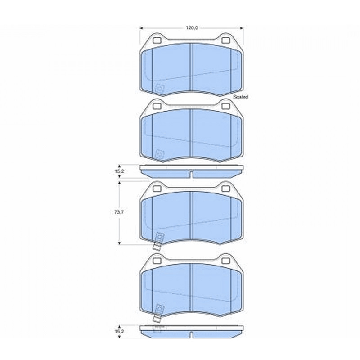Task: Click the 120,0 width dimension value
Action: (x=192, y=28)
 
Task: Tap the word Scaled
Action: (x=241, y=97)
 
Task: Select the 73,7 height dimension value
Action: (x=119, y=212)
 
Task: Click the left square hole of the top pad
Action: (x=157, y=40)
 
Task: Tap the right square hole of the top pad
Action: (x=226, y=40)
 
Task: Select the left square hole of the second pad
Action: (x=157, y=106)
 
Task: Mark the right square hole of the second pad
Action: (x=226, y=106)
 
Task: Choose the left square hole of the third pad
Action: (x=157, y=188)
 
